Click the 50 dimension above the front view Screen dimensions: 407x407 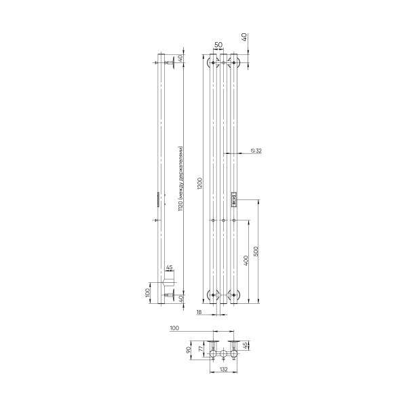(218, 44)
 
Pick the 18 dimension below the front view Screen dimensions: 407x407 (198, 312)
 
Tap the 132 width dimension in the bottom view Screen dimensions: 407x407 (223, 370)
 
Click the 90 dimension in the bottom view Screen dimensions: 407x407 (190, 351)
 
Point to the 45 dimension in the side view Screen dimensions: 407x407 (169, 268)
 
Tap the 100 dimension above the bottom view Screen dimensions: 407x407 (174, 328)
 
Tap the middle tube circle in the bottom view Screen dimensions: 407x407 (223, 355)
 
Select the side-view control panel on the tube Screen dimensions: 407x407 (158, 199)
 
